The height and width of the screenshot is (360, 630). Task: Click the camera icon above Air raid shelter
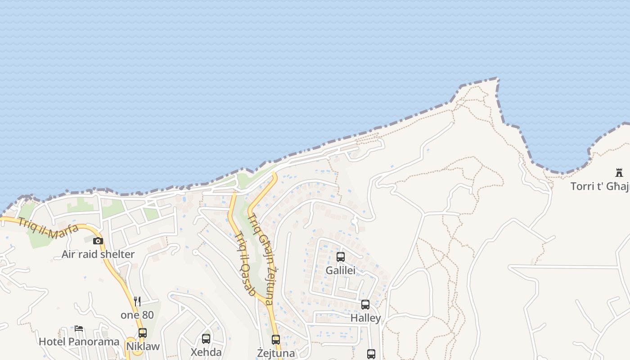pos(98,241)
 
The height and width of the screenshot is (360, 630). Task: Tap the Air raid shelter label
pos(98,254)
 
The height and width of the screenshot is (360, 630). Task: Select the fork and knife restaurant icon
pos(137,301)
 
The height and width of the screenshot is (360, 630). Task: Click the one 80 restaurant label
pos(137,315)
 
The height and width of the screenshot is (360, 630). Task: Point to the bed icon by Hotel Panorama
pos(79,328)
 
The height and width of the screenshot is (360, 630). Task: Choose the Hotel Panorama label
pos(79,342)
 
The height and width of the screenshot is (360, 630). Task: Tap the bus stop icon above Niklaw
pos(143,333)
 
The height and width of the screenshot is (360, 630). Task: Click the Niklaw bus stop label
pos(143,346)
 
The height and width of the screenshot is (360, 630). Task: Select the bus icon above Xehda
pos(206,338)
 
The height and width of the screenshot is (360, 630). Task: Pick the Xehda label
pos(206,352)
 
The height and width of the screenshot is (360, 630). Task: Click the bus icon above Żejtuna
pos(276,340)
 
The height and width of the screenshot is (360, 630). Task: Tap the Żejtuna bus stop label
pos(276,353)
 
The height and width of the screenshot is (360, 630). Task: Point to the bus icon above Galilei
pos(341,257)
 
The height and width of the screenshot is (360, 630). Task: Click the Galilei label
pos(341,270)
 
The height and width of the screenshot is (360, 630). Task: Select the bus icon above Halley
pos(365,305)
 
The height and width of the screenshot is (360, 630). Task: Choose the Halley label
pos(365,318)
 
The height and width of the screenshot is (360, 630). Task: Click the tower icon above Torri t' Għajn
pos(619,172)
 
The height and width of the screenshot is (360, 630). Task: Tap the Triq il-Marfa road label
pos(48,228)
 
